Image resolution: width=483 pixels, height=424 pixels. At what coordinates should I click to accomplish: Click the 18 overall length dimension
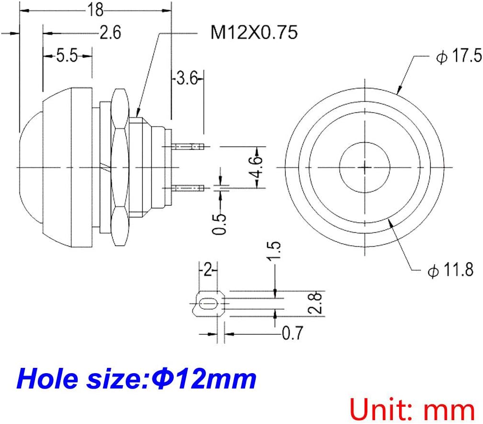95,10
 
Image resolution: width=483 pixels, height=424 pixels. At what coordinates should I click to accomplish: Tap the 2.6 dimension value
110,32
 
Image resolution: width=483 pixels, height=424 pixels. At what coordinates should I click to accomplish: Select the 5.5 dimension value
67,56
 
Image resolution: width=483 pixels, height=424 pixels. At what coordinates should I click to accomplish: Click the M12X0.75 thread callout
254,32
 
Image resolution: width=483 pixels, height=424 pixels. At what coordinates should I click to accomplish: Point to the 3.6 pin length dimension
187,78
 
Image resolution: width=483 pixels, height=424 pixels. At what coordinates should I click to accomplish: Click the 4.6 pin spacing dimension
256,167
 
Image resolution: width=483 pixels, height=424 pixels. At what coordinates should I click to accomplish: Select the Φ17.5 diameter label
459,56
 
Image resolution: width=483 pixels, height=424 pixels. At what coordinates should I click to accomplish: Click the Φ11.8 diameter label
451,270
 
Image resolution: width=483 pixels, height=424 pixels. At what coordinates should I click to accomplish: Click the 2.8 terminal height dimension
315,303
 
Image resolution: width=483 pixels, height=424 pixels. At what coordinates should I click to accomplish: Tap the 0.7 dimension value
292,333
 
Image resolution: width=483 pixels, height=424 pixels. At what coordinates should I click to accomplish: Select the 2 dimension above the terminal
208,270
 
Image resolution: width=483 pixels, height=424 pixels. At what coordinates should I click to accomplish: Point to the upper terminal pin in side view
188,146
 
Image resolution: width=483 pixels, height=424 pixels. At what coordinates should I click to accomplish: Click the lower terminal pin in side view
188,188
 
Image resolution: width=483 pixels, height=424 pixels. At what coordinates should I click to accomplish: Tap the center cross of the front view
365,167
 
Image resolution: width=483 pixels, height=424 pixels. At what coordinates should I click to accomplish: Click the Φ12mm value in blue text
203,379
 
